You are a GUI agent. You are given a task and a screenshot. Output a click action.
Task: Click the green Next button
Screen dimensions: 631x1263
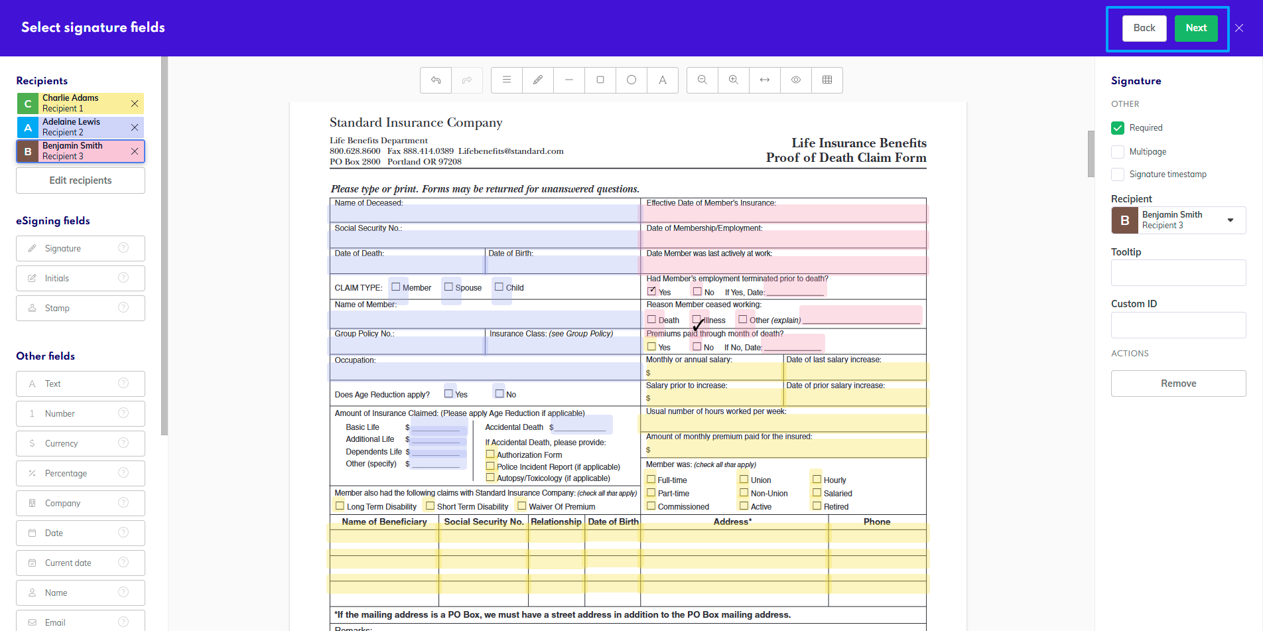click(x=1196, y=28)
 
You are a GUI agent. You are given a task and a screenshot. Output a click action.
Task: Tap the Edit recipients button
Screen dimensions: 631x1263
click(x=80, y=180)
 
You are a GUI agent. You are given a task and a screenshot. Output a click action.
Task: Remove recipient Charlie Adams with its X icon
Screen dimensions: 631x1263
click(x=135, y=104)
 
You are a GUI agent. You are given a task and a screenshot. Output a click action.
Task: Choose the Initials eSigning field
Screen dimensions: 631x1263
click(x=80, y=278)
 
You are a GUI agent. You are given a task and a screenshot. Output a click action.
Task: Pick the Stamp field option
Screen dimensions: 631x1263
click(x=80, y=308)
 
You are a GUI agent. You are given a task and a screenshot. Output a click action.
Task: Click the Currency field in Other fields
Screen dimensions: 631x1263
click(x=80, y=443)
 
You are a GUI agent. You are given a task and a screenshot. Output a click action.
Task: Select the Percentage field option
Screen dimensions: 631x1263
click(x=80, y=473)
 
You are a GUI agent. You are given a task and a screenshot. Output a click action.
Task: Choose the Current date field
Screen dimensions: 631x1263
click(x=80, y=563)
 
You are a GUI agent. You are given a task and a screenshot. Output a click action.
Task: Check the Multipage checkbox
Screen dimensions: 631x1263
click(x=1118, y=152)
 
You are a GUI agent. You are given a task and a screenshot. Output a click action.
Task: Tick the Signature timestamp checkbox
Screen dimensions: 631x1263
click(x=1118, y=175)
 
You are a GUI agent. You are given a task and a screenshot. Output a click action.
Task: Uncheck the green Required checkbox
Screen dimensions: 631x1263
click(x=1118, y=128)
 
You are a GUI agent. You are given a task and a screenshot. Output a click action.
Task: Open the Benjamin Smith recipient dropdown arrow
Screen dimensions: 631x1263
click(x=1230, y=220)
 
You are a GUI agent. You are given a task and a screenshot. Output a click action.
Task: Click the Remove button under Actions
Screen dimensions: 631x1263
click(x=1178, y=384)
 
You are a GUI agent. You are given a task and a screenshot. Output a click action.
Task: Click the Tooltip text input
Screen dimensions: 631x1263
click(x=1178, y=273)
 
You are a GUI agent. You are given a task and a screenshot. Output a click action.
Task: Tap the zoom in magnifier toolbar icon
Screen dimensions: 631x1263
click(x=734, y=80)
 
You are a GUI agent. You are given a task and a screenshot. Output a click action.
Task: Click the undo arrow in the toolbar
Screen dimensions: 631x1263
click(x=436, y=80)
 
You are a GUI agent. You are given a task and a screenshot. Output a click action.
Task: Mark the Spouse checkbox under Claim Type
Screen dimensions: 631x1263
click(x=448, y=287)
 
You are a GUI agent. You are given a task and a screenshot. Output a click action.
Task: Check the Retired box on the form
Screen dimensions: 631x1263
click(x=817, y=506)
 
